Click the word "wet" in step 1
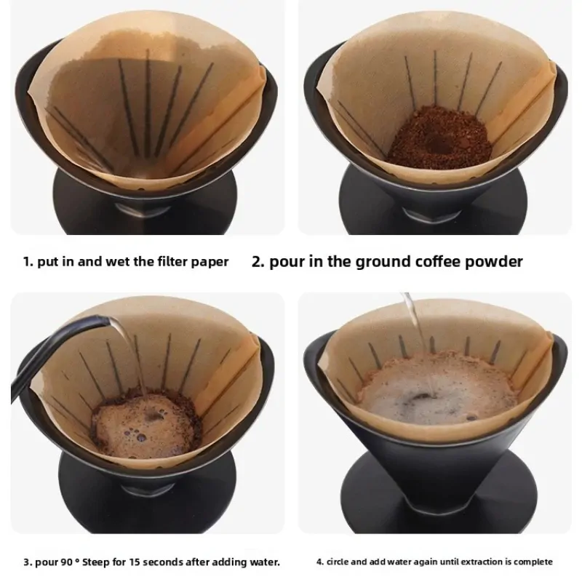(x=118, y=262)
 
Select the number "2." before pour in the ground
(x=258, y=262)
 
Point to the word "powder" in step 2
(x=494, y=262)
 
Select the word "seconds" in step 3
(x=162, y=562)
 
